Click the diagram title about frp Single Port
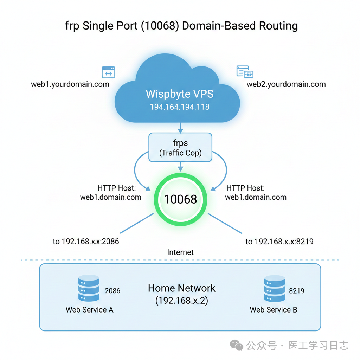tap(181, 26)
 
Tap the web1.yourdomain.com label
tap(70, 84)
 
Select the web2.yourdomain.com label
tap(286, 84)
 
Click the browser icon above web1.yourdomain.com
tap(108, 72)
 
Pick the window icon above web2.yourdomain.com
tap(245, 71)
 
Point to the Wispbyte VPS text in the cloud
tap(179, 94)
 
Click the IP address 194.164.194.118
tap(179, 107)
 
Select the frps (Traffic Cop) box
tap(180, 147)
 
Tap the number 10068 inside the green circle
tap(180, 199)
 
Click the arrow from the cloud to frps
tap(180, 127)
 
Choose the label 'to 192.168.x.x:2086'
tap(86, 242)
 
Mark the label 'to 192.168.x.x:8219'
tap(279, 242)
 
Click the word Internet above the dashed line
tap(180, 252)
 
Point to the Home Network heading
tap(181, 288)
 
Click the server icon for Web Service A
tap(89, 288)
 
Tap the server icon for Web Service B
tap(274, 288)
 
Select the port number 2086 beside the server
tap(112, 291)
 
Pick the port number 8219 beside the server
tap(296, 291)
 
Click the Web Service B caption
tap(274, 310)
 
